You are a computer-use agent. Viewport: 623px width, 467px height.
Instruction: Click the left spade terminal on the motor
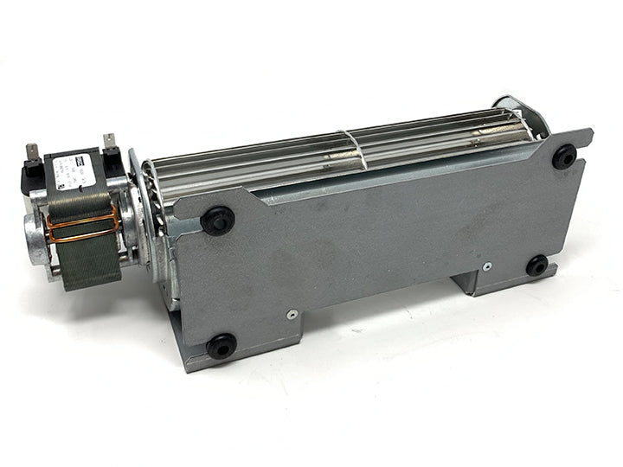[x=32, y=153]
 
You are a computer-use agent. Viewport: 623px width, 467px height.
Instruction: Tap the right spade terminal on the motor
[x=109, y=141]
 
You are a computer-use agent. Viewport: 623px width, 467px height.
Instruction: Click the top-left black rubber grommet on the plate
[x=217, y=220]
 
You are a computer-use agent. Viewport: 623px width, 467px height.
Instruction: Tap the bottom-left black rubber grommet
[x=221, y=347]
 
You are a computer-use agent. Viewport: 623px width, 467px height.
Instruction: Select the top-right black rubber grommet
[x=564, y=156]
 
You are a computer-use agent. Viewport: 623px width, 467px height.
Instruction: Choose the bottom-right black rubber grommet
[x=536, y=265]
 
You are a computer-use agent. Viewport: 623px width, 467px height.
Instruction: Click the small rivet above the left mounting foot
[x=292, y=314]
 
